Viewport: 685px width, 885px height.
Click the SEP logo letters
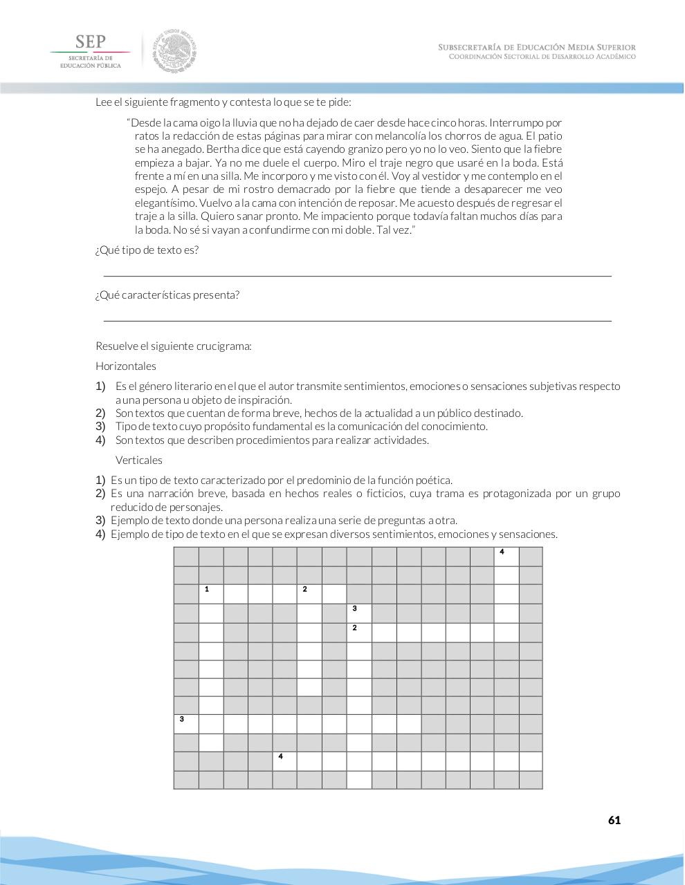click(x=90, y=41)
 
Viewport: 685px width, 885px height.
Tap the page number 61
click(x=614, y=820)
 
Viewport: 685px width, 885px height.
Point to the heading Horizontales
click(x=126, y=366)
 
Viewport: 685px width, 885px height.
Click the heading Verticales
click(x=139, y=460)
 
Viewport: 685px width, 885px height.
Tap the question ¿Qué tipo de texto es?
click(x=147, y=250)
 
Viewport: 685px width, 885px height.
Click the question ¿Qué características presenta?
click(x=167, y=295)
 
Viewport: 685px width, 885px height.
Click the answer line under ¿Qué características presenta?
click(x=357, y=320)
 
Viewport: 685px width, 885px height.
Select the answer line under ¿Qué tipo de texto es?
click(x=357, y=276)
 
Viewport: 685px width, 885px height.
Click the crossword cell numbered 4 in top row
click(x=506, y=557)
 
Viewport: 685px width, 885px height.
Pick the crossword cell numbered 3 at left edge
click(x=186, y=724)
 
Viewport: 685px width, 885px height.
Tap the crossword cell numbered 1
click(x=211, y=593)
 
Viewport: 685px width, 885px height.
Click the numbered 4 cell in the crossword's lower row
click(x=284, y=761)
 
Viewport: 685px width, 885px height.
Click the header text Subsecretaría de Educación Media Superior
click(x=536, y=47)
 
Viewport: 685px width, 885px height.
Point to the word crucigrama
click(x=227, y=346)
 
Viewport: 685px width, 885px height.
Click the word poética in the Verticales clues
click(x=434, y=481)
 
